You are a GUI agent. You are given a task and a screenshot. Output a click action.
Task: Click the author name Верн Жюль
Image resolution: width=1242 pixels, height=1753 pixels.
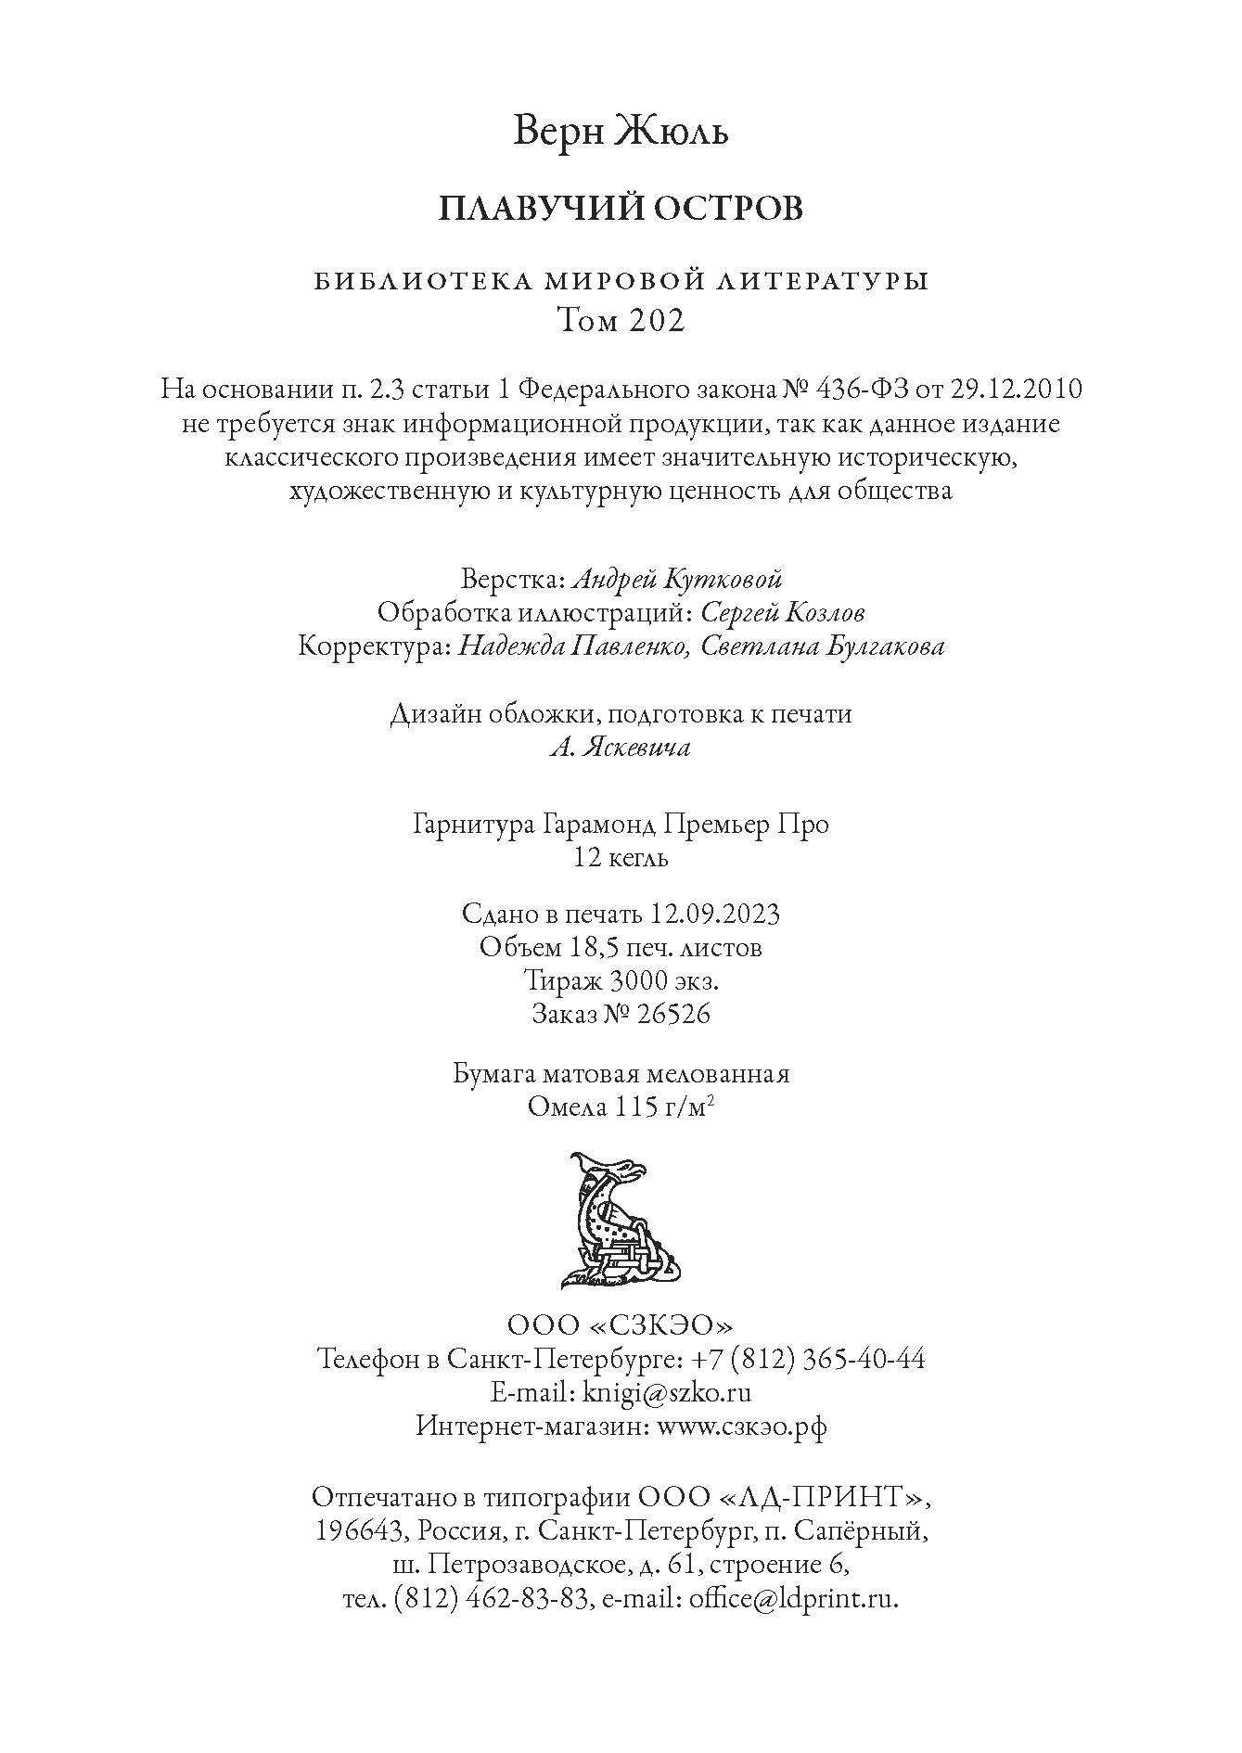pyautogui.click(x=621, y=132)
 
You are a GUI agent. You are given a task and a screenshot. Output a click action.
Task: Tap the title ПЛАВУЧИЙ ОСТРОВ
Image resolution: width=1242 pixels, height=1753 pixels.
pyautogui.click(x=621, y=209)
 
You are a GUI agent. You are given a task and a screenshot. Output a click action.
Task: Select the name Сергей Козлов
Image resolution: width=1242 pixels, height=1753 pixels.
pyautogui.click(x=783, y=613)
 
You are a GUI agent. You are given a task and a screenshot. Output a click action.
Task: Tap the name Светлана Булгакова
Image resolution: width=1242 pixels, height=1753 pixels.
pyautogui.click(x=823, y=646)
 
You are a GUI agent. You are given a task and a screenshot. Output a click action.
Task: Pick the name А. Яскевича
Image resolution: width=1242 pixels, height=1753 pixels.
pyautogui.click(x=621, y=748)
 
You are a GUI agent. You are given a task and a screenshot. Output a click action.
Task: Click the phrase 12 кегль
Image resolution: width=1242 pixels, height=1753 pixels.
pyautogui.click(x=621, y=858)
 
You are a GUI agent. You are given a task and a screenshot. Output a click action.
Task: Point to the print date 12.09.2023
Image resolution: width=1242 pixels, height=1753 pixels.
pyautogui.click(x=714, y=915)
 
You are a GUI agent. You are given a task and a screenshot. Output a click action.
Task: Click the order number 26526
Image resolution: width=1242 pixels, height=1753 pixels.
pyautogui.click(x=663, y=1014)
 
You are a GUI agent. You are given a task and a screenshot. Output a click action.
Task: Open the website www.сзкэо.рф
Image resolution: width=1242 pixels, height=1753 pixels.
pyautogui.click(x=741, y=1426)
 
